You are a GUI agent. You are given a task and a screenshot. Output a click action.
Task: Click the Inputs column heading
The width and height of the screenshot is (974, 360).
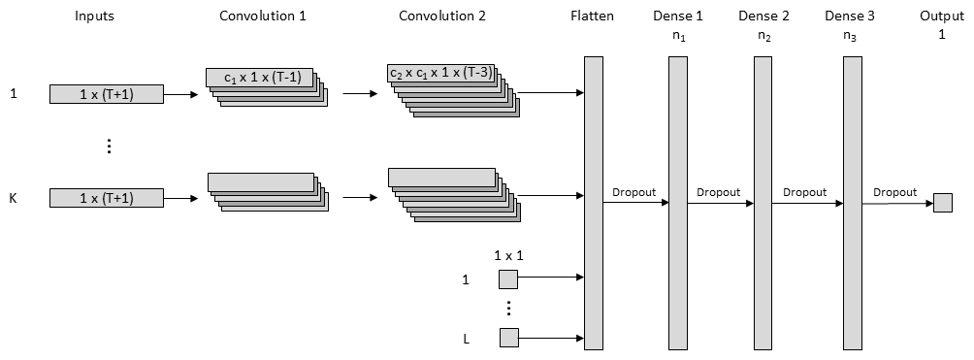93,16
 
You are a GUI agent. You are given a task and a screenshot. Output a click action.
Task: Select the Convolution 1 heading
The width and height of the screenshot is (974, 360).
263,16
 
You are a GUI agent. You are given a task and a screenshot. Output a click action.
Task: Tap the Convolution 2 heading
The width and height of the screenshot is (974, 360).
442,16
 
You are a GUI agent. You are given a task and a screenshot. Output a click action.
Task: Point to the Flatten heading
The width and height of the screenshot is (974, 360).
592,16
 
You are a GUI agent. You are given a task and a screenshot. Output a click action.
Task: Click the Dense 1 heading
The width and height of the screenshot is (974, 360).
678,16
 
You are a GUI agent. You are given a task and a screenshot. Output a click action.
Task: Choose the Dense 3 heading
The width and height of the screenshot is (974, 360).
850,16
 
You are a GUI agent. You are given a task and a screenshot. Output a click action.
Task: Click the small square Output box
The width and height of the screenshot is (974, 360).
942,203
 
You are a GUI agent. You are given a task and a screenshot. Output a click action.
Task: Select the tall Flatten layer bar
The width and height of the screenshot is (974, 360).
593,203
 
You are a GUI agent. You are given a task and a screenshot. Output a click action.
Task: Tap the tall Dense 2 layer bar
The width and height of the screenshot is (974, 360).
763,203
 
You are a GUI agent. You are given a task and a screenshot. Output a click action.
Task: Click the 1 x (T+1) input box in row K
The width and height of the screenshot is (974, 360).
106,199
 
